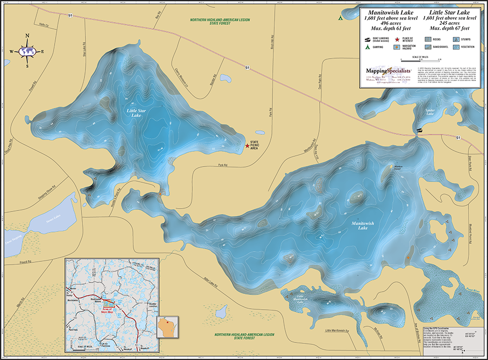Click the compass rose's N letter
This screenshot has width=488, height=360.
27,36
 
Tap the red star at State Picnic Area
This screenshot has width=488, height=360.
246,145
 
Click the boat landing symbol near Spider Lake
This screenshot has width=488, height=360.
418,131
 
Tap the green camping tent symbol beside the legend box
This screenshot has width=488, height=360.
340,18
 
